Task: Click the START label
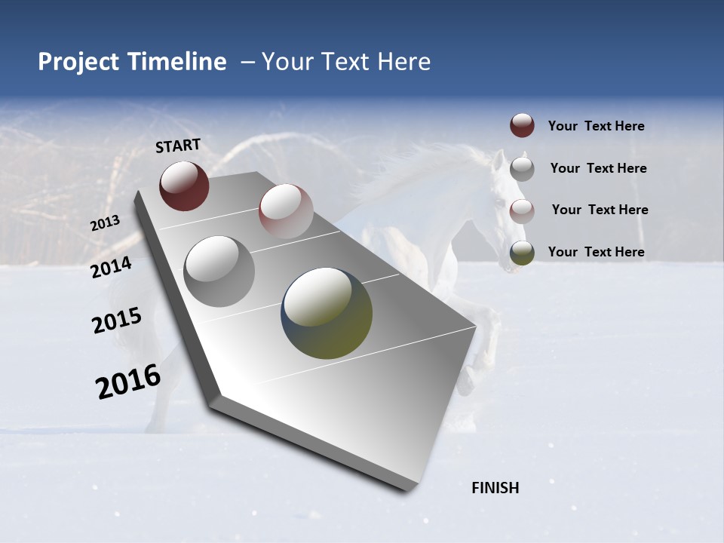[178, 145]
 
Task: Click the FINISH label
[495, 488]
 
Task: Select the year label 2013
[105, 223]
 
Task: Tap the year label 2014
[111, 267]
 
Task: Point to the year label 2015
[116, 321]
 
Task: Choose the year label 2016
[128, 382]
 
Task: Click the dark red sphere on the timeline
[184, 186]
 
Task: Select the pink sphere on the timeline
[286, 211]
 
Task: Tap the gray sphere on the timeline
[219, 271]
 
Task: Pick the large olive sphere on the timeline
[327, 313]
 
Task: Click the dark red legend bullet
[522, 126]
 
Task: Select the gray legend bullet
[522, 168]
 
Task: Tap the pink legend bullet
[522, 210]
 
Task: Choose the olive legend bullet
[522, 253]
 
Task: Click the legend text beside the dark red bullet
[596, 127]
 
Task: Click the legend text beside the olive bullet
[596, 252]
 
